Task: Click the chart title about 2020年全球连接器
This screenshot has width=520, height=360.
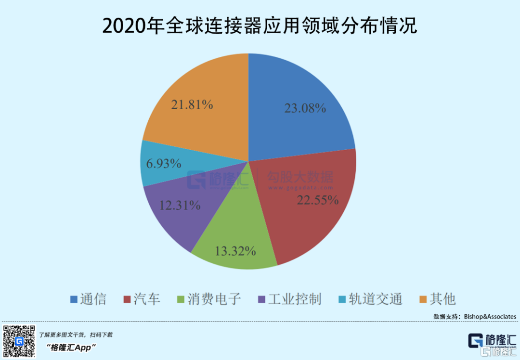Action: point(260,26)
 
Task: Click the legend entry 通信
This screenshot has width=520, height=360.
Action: point(88,299)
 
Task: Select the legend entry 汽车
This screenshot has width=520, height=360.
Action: point(142,299)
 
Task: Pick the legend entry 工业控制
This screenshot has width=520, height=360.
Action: point(289,299)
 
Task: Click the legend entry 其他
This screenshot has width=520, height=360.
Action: point(437,299)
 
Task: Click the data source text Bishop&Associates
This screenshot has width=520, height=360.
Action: point(490,316)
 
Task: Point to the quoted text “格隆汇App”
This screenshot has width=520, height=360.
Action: point(72,347)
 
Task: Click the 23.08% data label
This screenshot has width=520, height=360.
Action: point(305,108)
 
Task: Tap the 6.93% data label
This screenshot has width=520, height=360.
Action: point(164,164)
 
